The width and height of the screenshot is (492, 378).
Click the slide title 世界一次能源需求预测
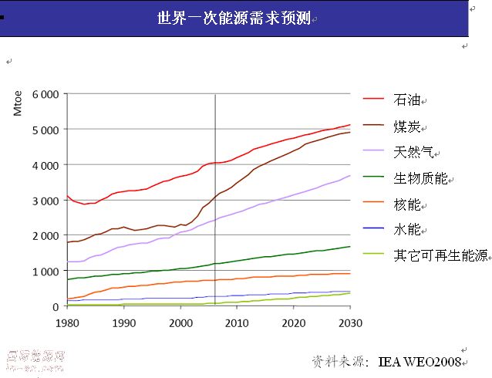[x=234, y=18]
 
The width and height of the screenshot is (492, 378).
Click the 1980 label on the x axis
[x=67, y=322]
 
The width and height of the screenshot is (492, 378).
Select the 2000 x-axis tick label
[x=180, y=322]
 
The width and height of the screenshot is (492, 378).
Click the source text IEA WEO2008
[x=420, y=361]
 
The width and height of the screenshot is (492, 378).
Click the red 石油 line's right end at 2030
[x=349, y=125]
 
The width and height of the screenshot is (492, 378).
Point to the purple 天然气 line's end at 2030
[x=349, y=176]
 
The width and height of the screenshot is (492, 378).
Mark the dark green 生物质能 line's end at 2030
[x=349, y=247]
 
